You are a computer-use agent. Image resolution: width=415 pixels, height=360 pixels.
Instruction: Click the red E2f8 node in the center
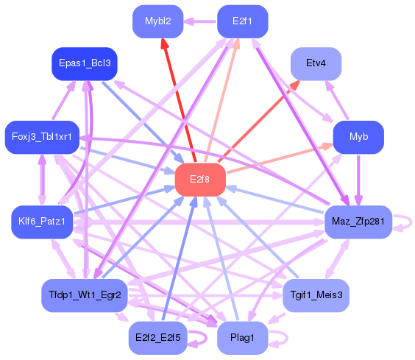199,179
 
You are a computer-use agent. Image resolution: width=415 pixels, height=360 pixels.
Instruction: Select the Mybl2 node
158,21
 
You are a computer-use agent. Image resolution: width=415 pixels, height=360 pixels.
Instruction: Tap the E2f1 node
242,21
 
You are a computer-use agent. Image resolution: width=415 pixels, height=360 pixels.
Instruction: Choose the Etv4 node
316,63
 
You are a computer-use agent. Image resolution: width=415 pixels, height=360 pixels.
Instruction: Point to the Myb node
358,137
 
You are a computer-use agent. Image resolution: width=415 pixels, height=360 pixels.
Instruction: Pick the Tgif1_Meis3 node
316,295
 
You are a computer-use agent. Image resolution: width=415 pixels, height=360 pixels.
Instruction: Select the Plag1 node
242,337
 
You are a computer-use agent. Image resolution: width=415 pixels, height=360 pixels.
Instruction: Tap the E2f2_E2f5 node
158,337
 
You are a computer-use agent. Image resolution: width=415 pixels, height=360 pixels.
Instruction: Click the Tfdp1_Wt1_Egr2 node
85,295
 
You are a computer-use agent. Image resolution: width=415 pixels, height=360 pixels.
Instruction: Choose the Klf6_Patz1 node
42,222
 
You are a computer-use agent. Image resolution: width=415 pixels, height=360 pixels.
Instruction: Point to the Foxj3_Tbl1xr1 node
42,137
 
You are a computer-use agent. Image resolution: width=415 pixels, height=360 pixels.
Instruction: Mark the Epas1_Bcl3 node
85,63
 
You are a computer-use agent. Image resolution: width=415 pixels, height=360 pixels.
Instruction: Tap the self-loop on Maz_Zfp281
403,222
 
